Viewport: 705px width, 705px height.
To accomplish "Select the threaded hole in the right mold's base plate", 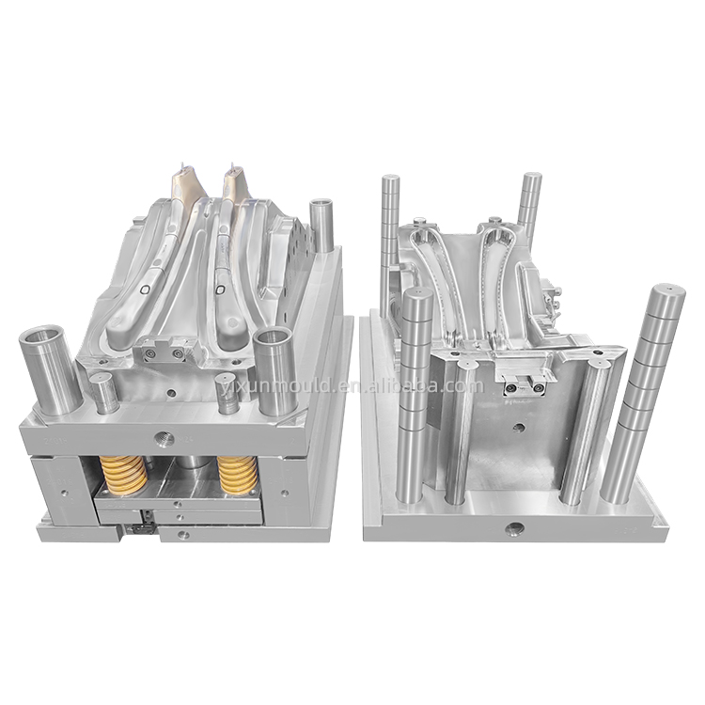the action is click(x=513, y=529).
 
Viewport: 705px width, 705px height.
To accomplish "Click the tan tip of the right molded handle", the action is click(x=234, y=185).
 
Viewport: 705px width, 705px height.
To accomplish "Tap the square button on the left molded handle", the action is click(x=146, y=290).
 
